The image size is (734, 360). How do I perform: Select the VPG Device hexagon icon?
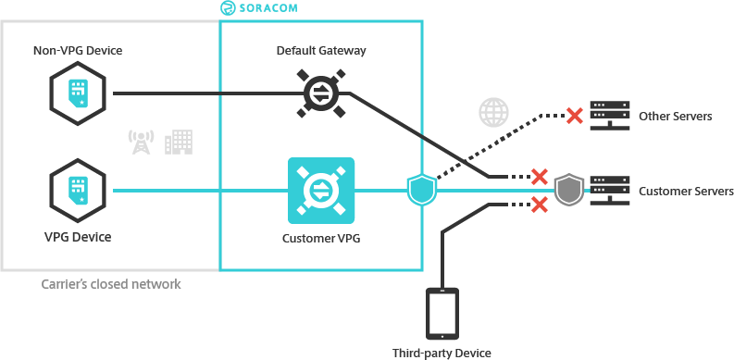click(x=77, y=191)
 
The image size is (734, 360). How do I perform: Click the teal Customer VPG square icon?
click(x=320, y=191)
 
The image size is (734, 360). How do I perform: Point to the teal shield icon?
click(x=421, y=189)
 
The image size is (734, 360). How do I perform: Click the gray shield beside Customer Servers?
click(x=566, y=190)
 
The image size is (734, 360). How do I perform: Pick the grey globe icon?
click(x=492, y=113)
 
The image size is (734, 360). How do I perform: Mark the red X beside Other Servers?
click(x=574, y=116)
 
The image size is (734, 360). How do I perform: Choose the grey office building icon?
click(x=178, y=141)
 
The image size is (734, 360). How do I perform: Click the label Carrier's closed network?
click(x=111, y=285)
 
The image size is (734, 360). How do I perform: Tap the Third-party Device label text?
click(x=441, y=353)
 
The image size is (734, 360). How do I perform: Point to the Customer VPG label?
click(x=320, y=238)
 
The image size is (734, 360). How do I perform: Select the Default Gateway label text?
click(x=320, y=50)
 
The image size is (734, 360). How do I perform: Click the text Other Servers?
click(x=675, y=117)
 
